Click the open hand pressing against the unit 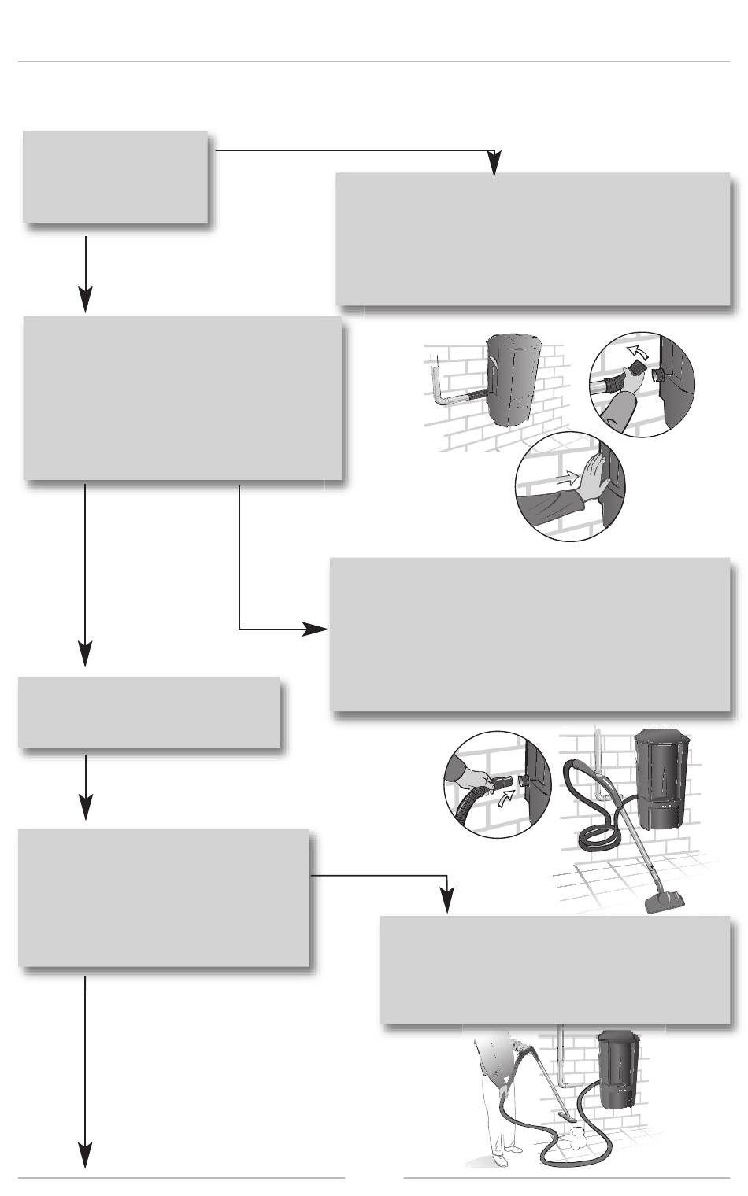[x=586, y=479]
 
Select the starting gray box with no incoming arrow [x=115, y=177]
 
